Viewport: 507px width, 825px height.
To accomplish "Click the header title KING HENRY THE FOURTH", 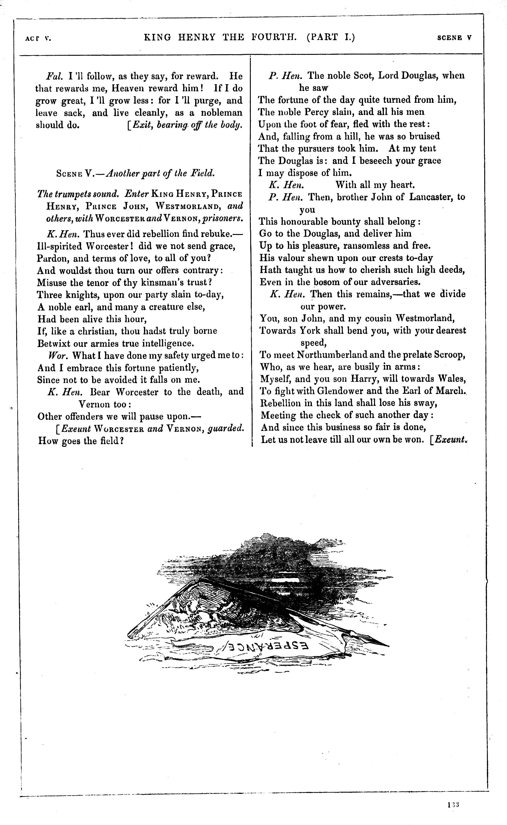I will [220, 37].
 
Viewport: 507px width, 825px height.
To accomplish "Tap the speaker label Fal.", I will [54, 76].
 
